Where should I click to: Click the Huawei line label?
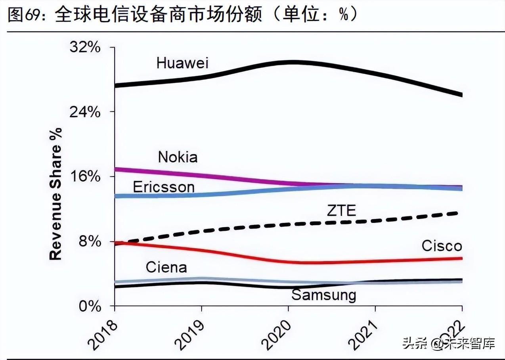(182, 63)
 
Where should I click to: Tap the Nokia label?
(178, 157)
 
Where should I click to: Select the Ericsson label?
(164, 187)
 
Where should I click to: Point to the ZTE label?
(341, 211)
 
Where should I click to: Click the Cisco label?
(442, 246)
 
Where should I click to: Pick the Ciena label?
(166, 267)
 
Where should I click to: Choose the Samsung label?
(324, 295)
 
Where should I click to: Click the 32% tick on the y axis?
(85, 48)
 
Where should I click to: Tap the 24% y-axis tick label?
(85, 112)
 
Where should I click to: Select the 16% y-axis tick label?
(85, 177)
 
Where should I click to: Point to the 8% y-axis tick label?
(90, 241)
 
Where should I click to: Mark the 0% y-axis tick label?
(90, 306)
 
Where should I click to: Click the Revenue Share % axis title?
(55, 193)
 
